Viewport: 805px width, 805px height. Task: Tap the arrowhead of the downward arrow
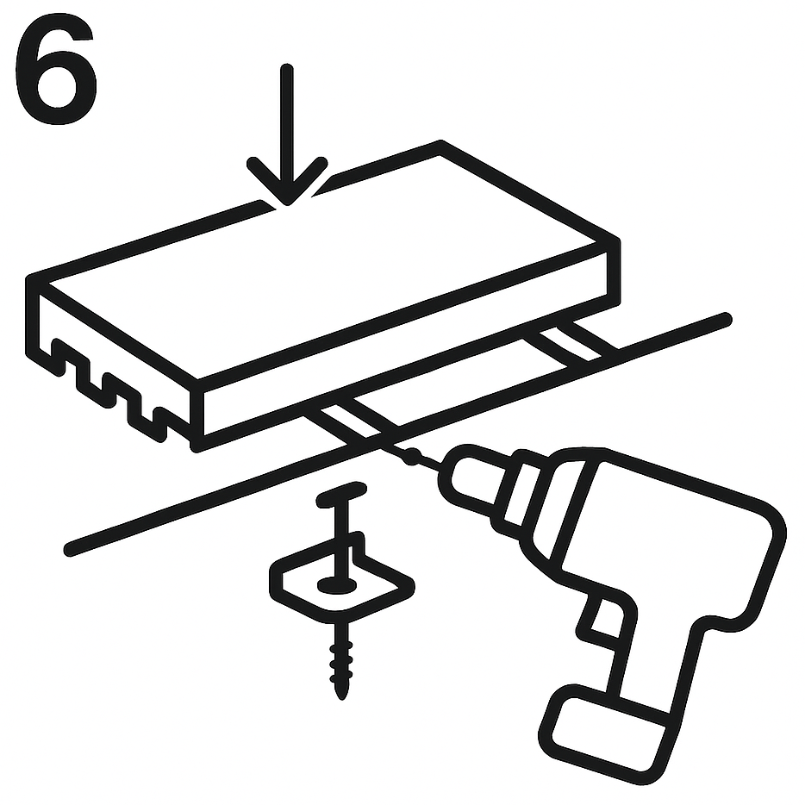(x=287, y=182)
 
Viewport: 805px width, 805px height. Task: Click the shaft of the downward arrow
(x=287, y=123)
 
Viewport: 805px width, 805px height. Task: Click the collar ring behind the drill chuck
(x=520, y=494)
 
